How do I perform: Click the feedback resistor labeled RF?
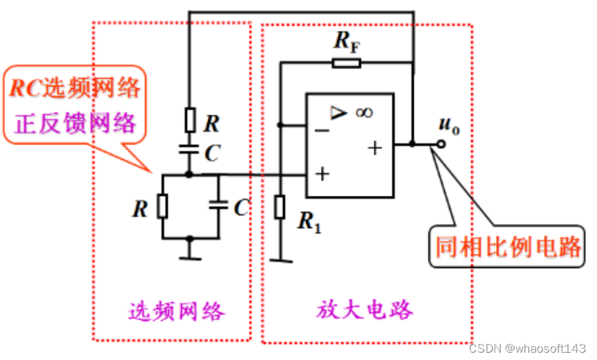(346, 63)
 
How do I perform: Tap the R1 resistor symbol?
(280, 208)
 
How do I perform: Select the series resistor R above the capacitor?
(189, 119)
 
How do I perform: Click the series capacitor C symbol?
(189, 149)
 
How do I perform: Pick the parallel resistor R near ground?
(162, 207)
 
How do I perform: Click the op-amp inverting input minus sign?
(321, 130)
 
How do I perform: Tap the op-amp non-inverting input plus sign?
(321, 175)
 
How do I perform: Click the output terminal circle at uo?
(440, 144)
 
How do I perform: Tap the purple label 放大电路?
(365, 308)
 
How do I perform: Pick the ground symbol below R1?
(280, 259)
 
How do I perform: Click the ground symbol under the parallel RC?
(189, 257)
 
